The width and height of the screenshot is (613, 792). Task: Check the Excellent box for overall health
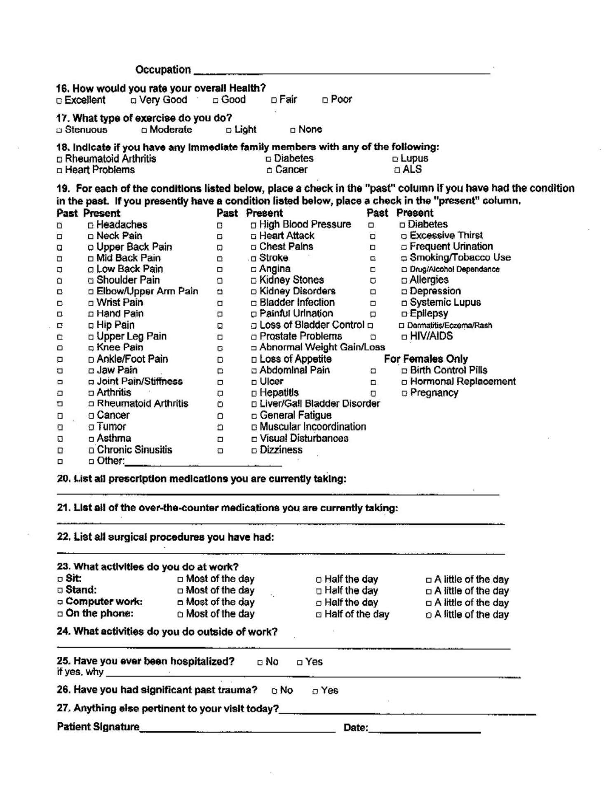pyautogui.click(x=59, y=101)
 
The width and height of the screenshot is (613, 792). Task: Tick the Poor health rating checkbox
pyautogui.click(x=325, y=100)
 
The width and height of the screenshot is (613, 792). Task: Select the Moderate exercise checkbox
pyautogui.click(x=144, y=130)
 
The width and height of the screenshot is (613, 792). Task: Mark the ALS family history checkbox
pyautogui.click(x=397, y=170)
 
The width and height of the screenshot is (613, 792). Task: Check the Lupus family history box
pyautogui.click(x=395, y=159)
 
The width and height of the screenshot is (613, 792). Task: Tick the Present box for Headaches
pyautogui.click(x=91, y=225)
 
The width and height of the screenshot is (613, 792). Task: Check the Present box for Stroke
pyautogui.click(x=254, y=259)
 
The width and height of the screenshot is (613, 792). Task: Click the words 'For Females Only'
pyautogui.click(x=426, y=359)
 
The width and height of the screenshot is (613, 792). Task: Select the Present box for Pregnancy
pyautogui.click(x=404, y=394)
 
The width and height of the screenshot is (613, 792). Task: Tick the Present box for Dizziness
pyautogui.click(x=254, y=450)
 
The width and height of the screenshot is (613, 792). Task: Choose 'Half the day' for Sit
pyautogui.click(x=319, y=580)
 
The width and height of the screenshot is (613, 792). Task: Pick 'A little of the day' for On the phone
pyautogui.click(x=429, y=615)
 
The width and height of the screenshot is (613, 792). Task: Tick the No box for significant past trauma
pyautogui.click(x=274, y=691)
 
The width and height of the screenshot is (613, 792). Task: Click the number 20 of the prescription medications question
pyautogui.click(x=63, y=479)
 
